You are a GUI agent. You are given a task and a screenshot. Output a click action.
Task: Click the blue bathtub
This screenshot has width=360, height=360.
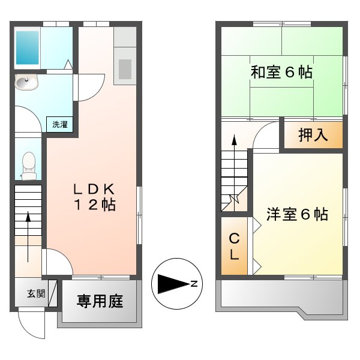click(27, 47)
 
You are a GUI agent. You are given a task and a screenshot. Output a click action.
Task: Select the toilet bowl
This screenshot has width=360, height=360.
click(28, 163)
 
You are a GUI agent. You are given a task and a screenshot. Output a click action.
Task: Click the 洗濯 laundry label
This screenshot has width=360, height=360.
click(59, 125)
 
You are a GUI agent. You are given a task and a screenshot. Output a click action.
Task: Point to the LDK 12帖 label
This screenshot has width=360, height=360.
click(94, 197)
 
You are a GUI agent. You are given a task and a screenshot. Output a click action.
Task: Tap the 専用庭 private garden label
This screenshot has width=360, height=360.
click(100, 301)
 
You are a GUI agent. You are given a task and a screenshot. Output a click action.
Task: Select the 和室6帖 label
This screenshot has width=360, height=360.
click(281, 73)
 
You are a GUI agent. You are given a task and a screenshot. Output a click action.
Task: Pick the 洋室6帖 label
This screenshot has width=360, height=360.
click(297, 214)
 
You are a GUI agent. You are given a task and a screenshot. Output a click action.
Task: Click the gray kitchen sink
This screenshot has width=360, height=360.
click(125, 68)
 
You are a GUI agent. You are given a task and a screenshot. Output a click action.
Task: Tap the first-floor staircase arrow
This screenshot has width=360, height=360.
click(28, 230)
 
